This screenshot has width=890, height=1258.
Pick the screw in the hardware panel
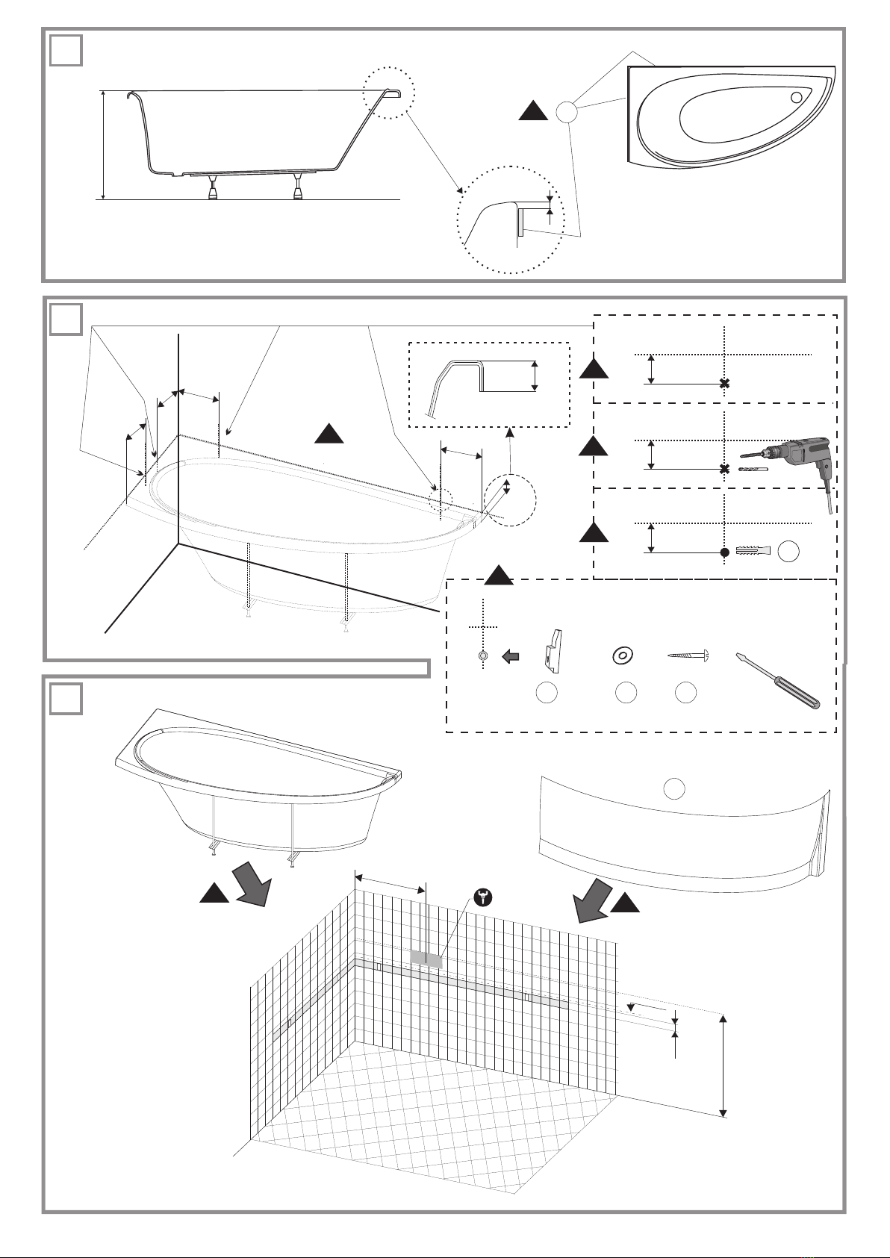pyautogui.click(x=686, y=655)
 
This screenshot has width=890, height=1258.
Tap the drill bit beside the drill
pyautogui.click(x=753, y=469)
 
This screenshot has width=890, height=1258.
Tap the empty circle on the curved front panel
pyautogui.click(x=674, y=788)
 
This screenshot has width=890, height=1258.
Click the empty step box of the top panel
pyautogui.click(x=66, y=51)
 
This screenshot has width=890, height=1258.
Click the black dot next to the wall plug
pyautogui.click(x=723, y=552)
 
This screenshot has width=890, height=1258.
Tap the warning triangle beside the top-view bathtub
pyautogui.click(x=533, y=112)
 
